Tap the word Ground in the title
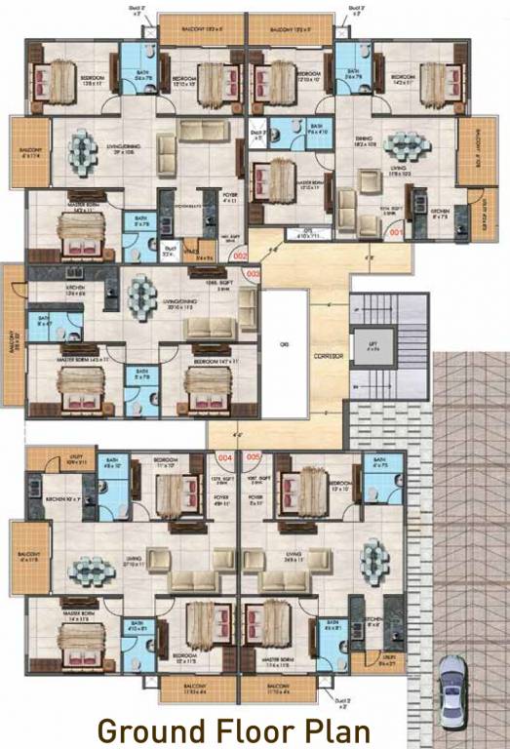click(x=149, y=729)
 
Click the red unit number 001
click(x=396, y=233)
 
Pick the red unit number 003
click(x=254, y=274)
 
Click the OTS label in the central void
click(x=284, y=344)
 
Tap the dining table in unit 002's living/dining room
click(x=79, y=149)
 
